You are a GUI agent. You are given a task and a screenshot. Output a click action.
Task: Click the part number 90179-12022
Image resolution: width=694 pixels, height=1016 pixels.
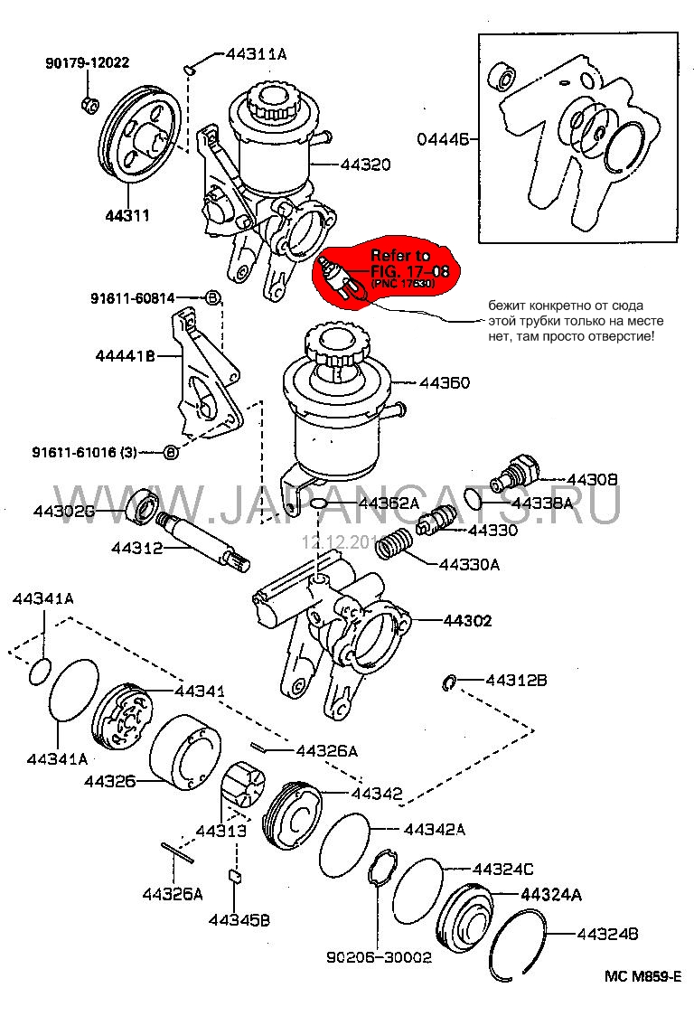click(x=87, y=62)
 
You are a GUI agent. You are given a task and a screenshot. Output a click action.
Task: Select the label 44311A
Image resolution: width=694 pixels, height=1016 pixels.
click(x=256, y=54)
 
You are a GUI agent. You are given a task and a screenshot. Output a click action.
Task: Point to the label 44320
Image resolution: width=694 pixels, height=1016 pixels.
click(x=365, y=165)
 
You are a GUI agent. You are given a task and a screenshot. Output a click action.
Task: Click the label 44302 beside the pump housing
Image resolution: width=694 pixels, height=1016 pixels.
click(x=467, y=621)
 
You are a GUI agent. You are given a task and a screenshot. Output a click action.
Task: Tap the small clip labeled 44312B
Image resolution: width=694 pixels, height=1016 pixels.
click(x=450, y=680)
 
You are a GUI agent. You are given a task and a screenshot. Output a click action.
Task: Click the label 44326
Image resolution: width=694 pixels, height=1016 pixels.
click(x=110, y=780)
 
